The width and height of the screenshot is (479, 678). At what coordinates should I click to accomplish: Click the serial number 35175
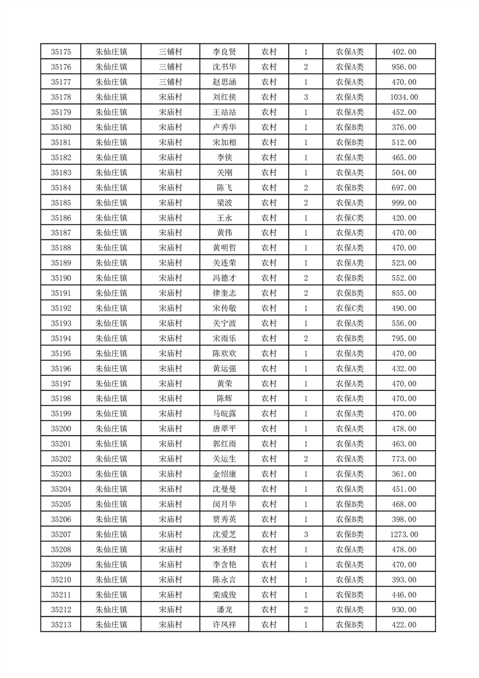pyautogui.click(x=61, y=52)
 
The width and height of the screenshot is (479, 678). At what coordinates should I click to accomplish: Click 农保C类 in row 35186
pyautogui.click(x=350, y=218)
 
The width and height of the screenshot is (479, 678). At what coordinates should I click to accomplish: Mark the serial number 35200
pyautogui.click(x=61, y=428)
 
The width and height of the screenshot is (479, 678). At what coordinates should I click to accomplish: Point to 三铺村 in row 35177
pyautogui.click(x=170, y=82)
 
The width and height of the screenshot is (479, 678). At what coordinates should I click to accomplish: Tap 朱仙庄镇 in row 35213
pyautogui.click(x=112, y=624)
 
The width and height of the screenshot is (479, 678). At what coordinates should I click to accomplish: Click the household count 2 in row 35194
pyautogui.click(x=306, y=338)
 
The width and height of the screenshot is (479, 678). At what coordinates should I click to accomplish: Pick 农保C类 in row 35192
pyautogui.click(x=350, y=308)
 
